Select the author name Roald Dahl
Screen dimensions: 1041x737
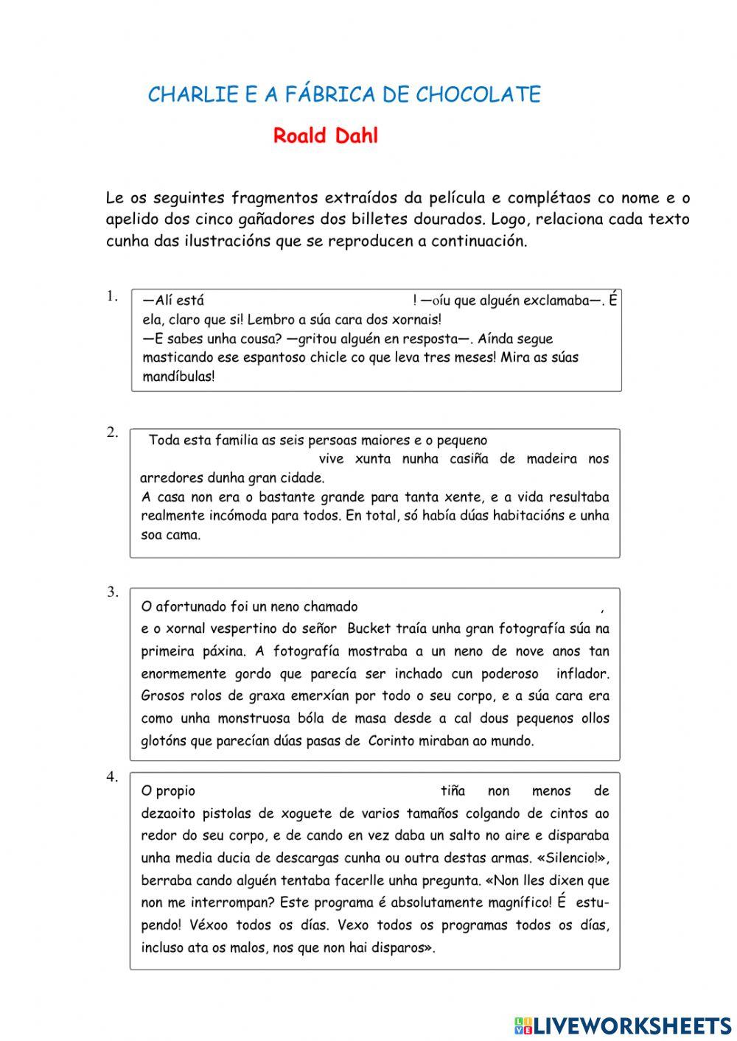[x=325, y=136]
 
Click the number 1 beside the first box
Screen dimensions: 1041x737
[x=111, y=296]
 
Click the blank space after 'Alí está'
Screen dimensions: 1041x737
[x=308, y=301]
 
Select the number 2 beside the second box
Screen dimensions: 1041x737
[x=111, y=432]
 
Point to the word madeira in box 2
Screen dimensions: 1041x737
[x=551, y=459]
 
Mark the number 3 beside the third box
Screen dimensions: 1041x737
[x=111, y=592]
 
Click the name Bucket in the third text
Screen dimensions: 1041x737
[x=371, y=629]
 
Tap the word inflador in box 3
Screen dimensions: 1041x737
[x=582, y=673]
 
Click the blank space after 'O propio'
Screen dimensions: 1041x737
[x=317, y=791]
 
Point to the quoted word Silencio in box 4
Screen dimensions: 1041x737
[x=572, y=858]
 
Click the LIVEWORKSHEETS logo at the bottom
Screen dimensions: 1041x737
[x=623, y=1025]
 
